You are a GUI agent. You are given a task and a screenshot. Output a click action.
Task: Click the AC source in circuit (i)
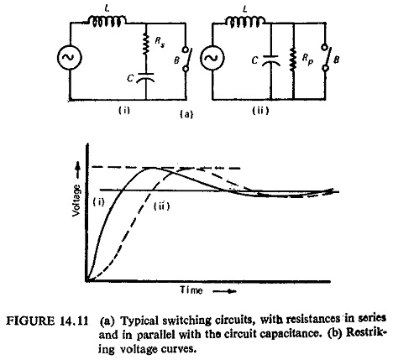coord(70,57)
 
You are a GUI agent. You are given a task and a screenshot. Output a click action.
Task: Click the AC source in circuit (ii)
coord(212,58)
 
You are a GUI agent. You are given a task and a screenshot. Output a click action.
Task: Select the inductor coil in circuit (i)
coord(107,22)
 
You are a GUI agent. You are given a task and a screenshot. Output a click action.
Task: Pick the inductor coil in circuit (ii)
coord(244,22)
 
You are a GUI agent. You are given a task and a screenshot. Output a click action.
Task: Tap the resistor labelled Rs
coord(146,44)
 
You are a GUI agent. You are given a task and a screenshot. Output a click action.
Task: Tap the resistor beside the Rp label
coord(293,60)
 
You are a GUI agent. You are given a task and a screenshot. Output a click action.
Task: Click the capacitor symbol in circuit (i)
coord(145,77)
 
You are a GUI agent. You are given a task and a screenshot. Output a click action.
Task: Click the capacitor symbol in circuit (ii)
coord(271,60)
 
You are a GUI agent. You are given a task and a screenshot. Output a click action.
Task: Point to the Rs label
coord(160,42)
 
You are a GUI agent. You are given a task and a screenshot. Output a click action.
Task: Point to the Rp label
coord(307,60)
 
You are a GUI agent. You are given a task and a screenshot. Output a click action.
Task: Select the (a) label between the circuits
coord(186,114)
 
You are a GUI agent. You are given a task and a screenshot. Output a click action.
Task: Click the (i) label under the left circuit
coord(123,110)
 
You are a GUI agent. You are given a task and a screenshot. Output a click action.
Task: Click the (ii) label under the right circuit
coord(260,111)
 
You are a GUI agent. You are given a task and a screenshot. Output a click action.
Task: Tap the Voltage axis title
coord(76,201)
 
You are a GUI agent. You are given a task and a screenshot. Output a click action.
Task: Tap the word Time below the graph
coord(191,290)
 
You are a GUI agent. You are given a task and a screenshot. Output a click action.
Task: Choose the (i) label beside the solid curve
coord(98,201)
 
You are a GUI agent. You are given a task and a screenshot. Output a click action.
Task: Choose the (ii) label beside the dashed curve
coord(162,206)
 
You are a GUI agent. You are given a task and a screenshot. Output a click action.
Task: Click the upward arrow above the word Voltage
coord(78,171)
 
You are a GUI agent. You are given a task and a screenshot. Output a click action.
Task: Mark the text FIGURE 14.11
coord(47,321)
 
